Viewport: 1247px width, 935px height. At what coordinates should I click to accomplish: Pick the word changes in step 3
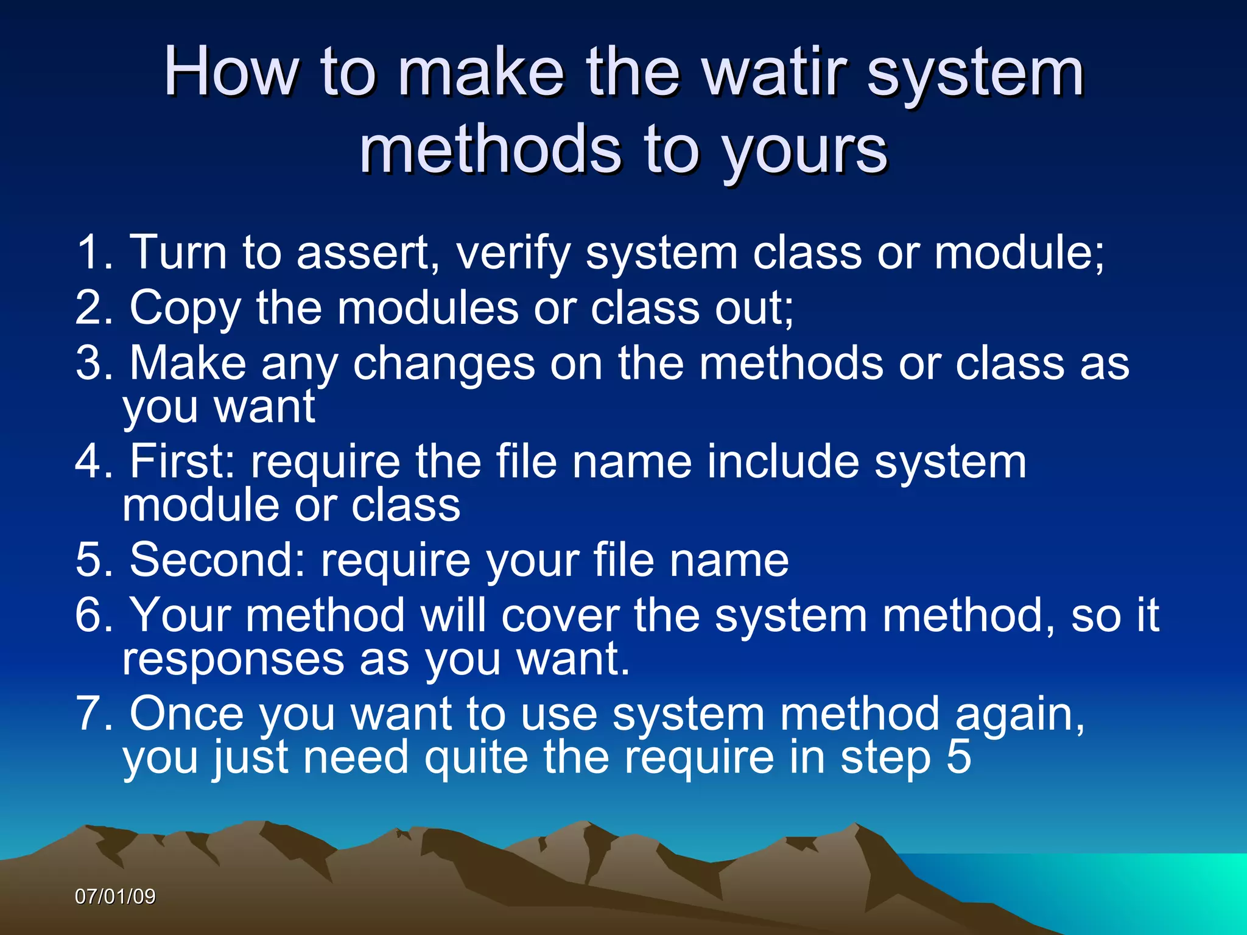tap(444, 364)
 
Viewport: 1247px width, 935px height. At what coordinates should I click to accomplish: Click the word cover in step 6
tap(560, 615)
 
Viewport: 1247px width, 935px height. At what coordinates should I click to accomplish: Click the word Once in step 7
tap(186, 713)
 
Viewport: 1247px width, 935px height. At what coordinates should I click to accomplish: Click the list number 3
tap(94, 363)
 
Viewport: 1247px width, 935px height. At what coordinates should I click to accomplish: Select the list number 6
tap(94, 615)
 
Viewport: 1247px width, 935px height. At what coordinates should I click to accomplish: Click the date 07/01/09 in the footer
tap(115, 897)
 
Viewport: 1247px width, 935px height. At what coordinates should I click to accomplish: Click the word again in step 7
tap(1019, 715)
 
